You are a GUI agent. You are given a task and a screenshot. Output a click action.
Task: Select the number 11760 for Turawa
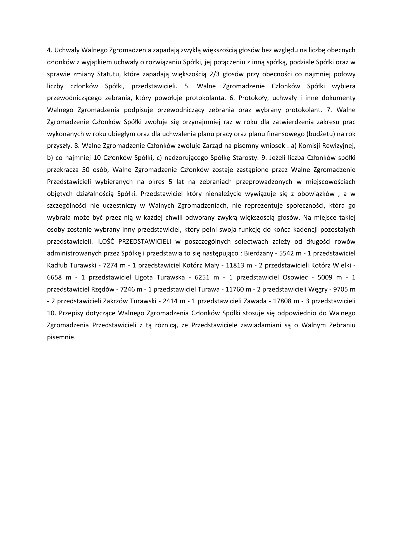(x=234, y=289)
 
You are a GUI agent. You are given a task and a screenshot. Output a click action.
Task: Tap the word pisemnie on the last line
(x=61, y=337)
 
